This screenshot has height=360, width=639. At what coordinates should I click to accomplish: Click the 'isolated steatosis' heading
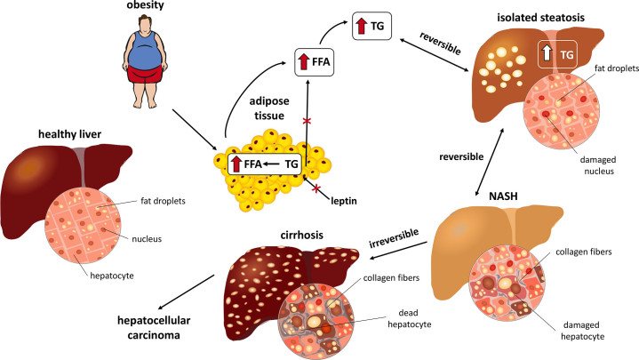(551, 20)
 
